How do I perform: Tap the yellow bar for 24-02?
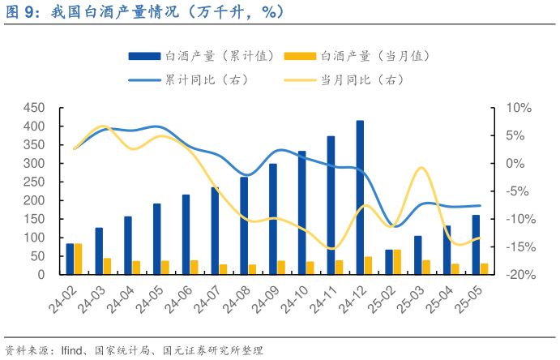click(x=78, y=259)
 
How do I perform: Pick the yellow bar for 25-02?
click(x=397, y=262)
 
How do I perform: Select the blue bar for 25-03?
click(x=418, y=255)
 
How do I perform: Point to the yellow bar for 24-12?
click(x=369, y=265)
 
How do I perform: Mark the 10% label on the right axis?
click(x=518, y=108)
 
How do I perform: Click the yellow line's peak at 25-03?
click(x=421, y=168)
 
